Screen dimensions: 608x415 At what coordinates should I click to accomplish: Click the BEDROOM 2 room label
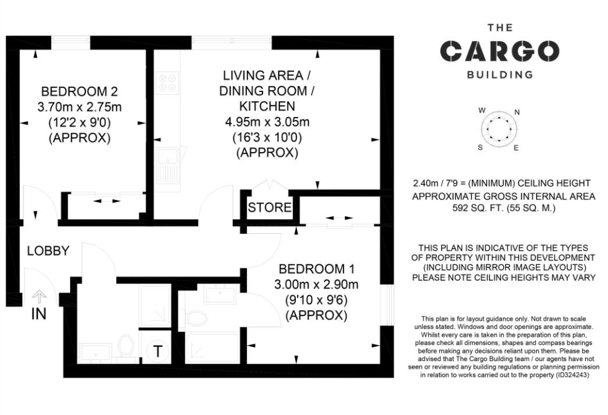pos(79,91)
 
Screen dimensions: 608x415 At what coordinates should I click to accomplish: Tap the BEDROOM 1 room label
pos(317,268)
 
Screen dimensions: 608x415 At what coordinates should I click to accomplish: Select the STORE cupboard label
pos(269,208)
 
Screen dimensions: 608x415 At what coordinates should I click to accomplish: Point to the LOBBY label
pos(48,251)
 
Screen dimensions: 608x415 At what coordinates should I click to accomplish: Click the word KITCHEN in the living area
pos(267,106)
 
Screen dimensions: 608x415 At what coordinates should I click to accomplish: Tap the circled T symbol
pos(158,351)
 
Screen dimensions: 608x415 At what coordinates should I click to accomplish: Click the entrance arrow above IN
pos(39,297)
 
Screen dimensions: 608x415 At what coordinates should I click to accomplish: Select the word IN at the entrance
pos(39,314)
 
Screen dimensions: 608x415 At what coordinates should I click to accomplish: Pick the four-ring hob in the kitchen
pos(168,83)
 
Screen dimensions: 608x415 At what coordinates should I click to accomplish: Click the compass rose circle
pos(499,128)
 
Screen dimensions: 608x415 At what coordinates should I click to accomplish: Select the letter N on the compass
pos(517,113)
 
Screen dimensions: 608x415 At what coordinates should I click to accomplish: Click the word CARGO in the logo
pos(500,51)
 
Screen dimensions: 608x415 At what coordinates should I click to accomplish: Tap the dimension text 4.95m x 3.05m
pos(267,122)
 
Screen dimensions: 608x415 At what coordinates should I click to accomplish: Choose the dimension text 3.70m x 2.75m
pos(79,107)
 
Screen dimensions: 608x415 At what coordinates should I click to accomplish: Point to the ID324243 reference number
pos(572,375)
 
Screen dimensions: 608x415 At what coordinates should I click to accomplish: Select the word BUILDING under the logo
pos(500,75)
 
